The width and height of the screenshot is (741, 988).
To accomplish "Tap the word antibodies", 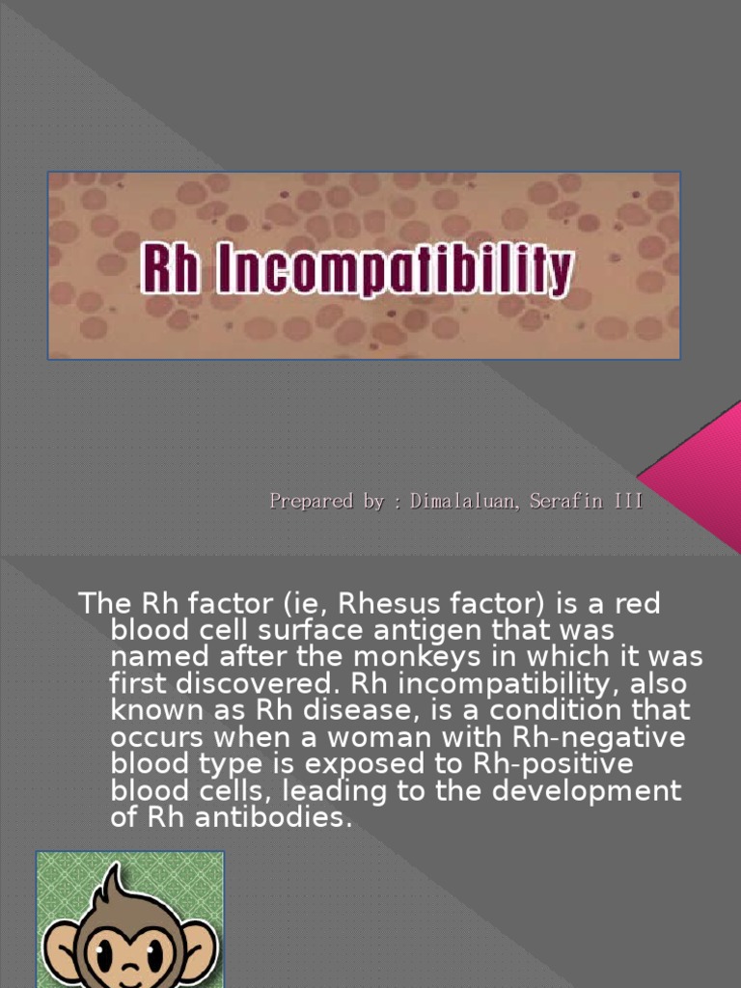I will tap(262, 817).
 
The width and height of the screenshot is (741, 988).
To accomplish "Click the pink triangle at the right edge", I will tap(699, 463).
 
